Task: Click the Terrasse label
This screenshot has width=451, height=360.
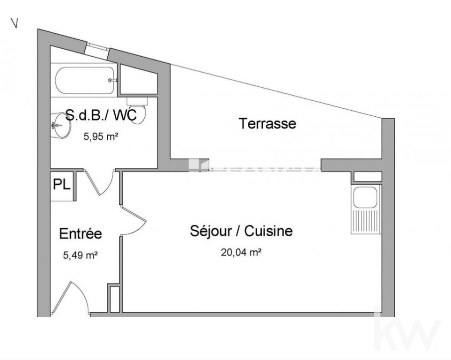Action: click(x=267, y=124)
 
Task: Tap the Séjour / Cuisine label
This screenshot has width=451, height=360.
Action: click(x=241, y=231)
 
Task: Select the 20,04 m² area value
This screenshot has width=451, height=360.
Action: click(x=241, y=253)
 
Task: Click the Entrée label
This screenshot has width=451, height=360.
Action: click(x=81, y=233)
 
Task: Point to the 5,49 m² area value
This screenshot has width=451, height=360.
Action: click(x=81, y=255)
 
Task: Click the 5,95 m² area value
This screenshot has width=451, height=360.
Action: click(x=101, y=136)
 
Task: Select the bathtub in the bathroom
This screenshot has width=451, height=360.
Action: click(x=86, y=80)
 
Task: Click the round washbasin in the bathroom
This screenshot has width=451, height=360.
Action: click(x=61, y=125)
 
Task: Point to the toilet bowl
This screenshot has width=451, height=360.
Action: click(x=138, y=111)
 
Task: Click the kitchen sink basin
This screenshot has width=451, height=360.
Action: click(x=365, y=197)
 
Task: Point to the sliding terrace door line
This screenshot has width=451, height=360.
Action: click(x=265, y=170)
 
